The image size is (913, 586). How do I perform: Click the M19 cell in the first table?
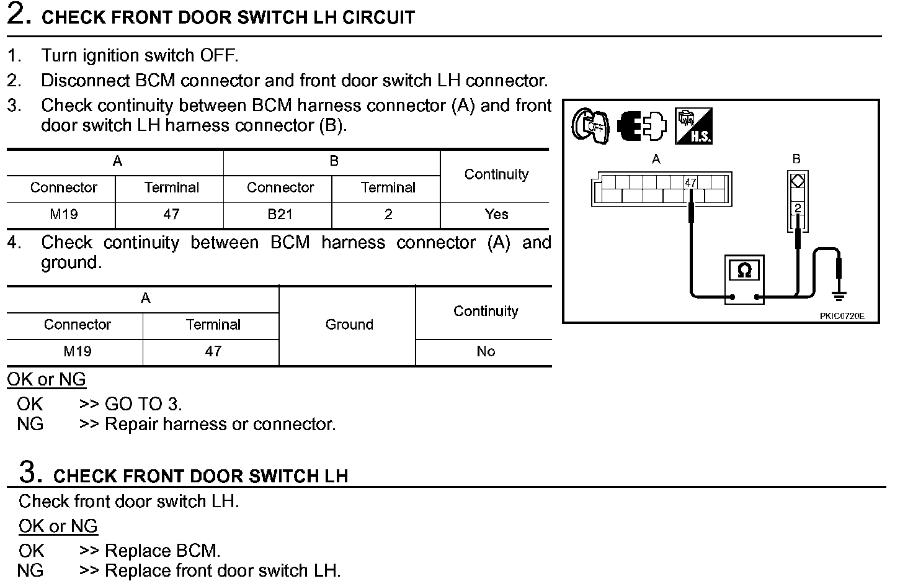point(63,215)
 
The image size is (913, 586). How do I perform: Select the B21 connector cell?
point(280,215)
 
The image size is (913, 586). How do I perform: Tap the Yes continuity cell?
point(496,215)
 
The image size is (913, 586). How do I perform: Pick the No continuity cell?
point(486,352)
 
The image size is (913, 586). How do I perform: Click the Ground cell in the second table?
point(349,325)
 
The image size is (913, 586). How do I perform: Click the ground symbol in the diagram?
point(840,295)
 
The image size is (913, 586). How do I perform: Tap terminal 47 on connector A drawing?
point(690,183)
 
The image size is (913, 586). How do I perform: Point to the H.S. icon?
point(693,126)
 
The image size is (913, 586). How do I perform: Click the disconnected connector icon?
point(641,126)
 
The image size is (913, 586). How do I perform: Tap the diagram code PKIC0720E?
point(841,316)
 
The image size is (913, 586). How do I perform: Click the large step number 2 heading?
point(19,15)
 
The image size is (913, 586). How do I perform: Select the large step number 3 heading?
point(30,472)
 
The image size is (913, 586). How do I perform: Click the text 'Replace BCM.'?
point(163,551)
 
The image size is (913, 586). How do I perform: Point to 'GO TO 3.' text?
point(143,404)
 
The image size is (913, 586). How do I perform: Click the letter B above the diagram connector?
point(796,160)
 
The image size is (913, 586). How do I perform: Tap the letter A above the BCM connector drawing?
point(656,160)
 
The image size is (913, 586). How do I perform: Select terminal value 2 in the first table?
point(388,215)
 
